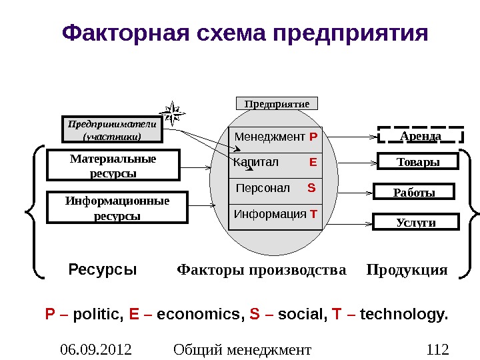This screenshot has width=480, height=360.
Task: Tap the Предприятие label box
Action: (277, 104)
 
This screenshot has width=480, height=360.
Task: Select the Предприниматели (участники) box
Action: (112, 130)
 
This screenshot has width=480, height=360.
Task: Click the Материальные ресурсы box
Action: (113, 165)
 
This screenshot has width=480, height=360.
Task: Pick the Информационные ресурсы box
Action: (117, 208)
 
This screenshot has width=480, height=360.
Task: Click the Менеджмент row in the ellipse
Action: (275, 138)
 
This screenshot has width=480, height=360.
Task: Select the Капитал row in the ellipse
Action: (275, 162)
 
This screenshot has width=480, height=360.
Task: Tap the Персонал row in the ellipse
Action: (275, 188)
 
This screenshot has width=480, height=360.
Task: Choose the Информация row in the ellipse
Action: (275, 214)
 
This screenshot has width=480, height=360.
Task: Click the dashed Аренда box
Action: (421, 136)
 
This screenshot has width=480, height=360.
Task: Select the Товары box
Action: (418, 162)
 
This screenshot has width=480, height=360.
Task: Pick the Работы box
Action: (413, 193)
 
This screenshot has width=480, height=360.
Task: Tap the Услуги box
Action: (416, 222)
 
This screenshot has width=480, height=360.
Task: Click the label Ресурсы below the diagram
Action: (103, 270)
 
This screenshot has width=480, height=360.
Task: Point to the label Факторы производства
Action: (261, 270)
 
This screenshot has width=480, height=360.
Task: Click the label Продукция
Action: (407, 270)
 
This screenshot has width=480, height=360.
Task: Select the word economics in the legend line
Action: (198, 313)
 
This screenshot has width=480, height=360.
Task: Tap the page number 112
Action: (437, 349)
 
